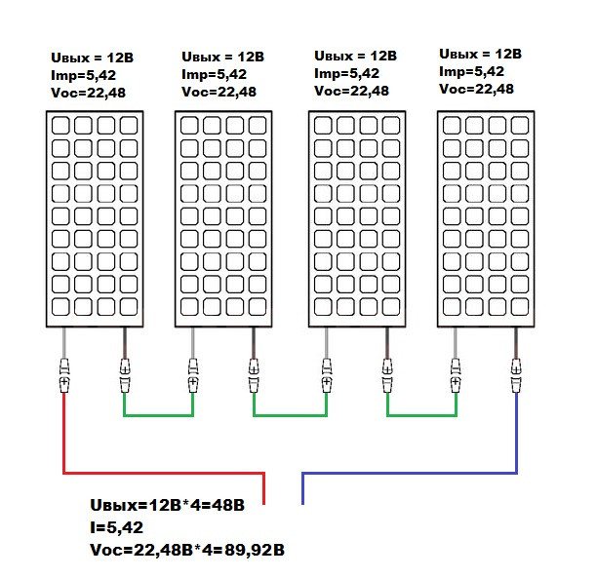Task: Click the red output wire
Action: [x=64, y=439]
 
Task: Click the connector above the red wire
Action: [x=64, y=374]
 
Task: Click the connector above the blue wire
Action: [x=516, y=374]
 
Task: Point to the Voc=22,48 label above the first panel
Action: [x=89, y=93]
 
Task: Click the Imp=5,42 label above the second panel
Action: [x=215, y=74]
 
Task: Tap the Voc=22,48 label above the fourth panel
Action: [x=478, y=89]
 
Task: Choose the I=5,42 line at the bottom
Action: [x=116, y=528]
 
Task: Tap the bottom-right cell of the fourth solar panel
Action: [x=521, y=306]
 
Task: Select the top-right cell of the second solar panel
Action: [x=258, y=126]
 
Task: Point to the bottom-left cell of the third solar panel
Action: [x=324, y=306]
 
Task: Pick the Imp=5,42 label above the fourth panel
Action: [x=472, y=71]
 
